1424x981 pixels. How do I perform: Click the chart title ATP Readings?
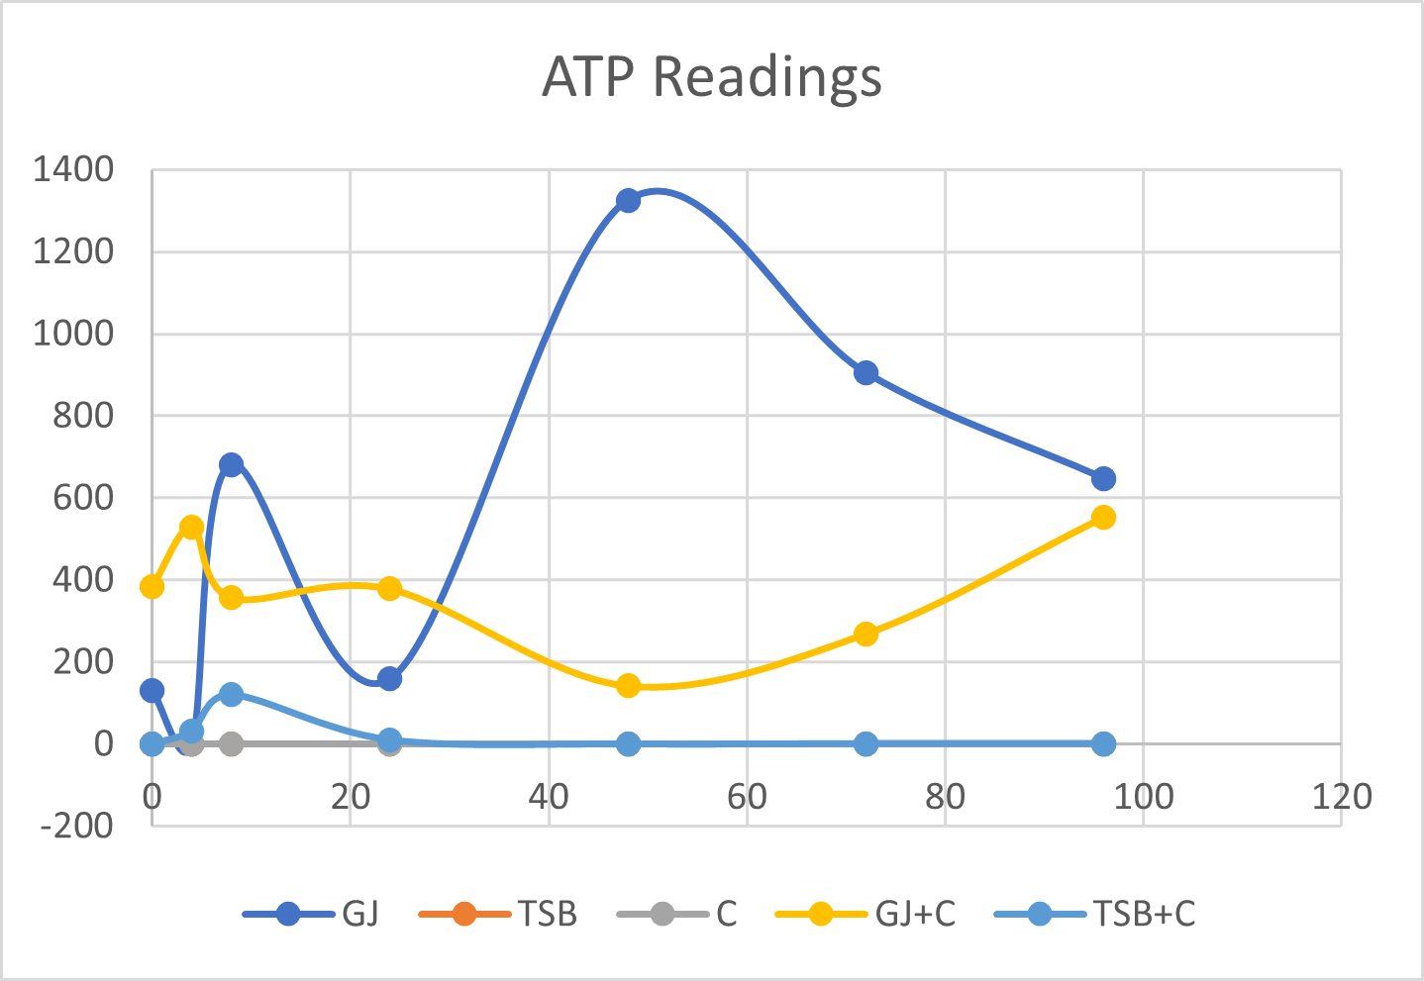(x=712, y=77)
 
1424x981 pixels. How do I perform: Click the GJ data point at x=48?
(x=628, y=201)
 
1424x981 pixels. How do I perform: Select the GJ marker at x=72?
(x=865, y=373)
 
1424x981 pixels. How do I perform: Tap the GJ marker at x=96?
(x=1103, y=479)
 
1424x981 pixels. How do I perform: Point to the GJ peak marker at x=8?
(x=231, y=464)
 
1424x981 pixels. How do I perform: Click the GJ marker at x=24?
(x=389, y=679)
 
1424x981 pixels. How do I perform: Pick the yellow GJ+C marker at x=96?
(x=1103, y=518)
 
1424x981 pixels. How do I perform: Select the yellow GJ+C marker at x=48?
(x=628, y=686)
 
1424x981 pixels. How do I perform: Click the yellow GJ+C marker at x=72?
(x=865, y=634)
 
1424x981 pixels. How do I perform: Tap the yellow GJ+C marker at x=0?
(x=152, y=587)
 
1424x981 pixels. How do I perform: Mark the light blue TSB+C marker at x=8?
(x=231, y=695)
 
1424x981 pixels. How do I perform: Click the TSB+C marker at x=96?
(x=1103, y=743)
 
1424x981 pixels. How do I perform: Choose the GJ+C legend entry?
(x=865, y=914)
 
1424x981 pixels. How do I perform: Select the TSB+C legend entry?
(x=1095, y=914)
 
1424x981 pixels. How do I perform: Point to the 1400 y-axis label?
(x=74, y=170)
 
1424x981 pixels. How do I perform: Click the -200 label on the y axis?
(x=76, y=825)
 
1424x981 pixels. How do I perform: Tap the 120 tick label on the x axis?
(x=1341, y=797)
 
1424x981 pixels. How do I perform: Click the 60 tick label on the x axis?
(x=747, y=797)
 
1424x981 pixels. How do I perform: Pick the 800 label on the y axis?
(x=84, y=416)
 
